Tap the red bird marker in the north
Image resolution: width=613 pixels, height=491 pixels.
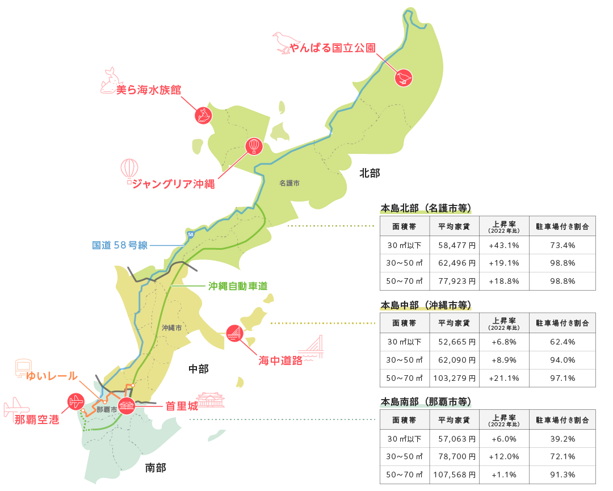point(404,77)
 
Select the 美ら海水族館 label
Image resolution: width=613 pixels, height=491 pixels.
point(149,90)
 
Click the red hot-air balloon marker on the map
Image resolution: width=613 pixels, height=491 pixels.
point(254,146)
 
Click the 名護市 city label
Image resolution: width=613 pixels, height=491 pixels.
point(289,184)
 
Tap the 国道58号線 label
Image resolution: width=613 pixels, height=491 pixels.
point(120,245)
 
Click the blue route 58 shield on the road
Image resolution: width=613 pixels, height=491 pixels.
point(190,234)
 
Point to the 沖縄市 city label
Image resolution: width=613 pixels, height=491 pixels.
point(171,328)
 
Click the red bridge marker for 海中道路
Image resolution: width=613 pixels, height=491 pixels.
point(234,334)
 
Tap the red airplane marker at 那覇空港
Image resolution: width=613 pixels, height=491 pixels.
point(75,402)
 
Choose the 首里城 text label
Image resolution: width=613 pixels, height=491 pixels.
point(181,406)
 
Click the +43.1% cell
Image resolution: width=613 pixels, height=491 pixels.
point(503,245)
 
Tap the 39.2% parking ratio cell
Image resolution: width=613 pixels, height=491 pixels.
point(562,439)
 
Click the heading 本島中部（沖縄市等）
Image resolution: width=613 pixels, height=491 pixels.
point(426,305)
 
